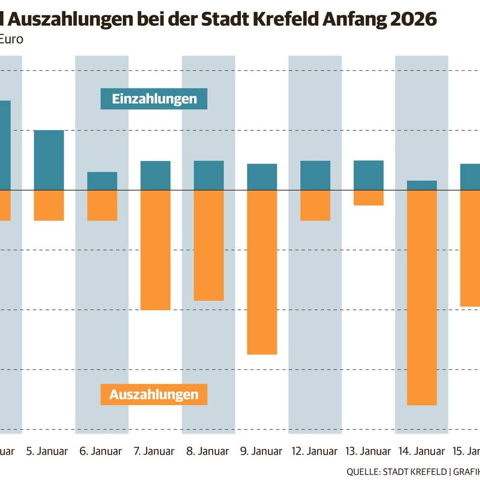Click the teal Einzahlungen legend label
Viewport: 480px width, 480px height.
coord(154,99)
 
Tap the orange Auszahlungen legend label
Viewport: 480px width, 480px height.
coord(154,394)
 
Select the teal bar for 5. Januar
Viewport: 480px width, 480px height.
coord(49,160)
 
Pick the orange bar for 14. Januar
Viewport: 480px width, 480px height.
coord(422,298)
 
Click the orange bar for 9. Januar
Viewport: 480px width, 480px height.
coord(262,272)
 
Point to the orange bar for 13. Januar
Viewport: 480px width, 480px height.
coord(368,198)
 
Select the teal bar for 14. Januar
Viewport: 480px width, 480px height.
coord(422,185)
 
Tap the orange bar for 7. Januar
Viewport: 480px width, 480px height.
coord(155,250)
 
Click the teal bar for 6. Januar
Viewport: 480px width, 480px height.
coord(102,181)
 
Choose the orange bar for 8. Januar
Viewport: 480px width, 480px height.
coord(209,246)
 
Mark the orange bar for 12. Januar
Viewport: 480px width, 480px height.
coord(315,206)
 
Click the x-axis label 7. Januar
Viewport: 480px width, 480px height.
coord(155,451)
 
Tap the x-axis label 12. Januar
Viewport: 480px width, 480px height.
coord(315,451)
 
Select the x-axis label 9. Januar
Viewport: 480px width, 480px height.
coord(262,451)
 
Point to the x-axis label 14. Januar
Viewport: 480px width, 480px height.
coord(422,451)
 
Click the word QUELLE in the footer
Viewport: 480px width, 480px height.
coord(363,471)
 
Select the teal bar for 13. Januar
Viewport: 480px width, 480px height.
coord(368,175)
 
